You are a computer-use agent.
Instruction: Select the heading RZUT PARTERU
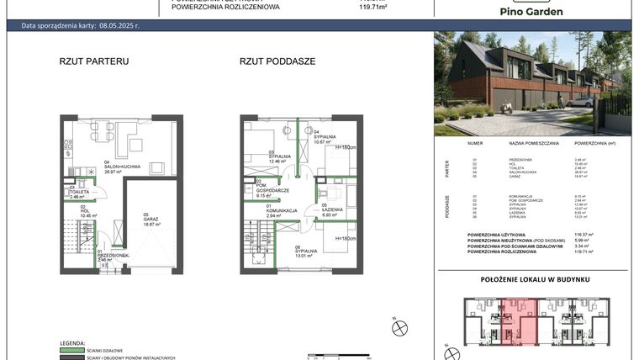coord(94,61)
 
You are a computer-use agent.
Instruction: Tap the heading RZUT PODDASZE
coord(277,61)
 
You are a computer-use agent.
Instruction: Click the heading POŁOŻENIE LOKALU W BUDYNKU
coord(535,278)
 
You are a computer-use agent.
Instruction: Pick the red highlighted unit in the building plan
coord(519,320)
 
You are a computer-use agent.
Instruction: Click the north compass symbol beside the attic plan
coord(399,328)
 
